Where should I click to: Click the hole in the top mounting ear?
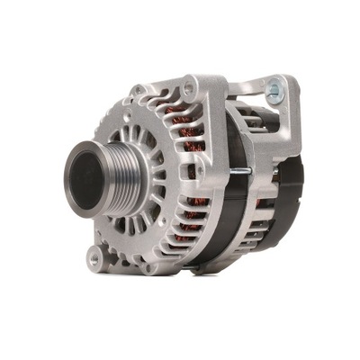(x=189, y=89)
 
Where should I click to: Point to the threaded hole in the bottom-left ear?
(x=94, y=258)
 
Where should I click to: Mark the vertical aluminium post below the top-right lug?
(x=286, y=126)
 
